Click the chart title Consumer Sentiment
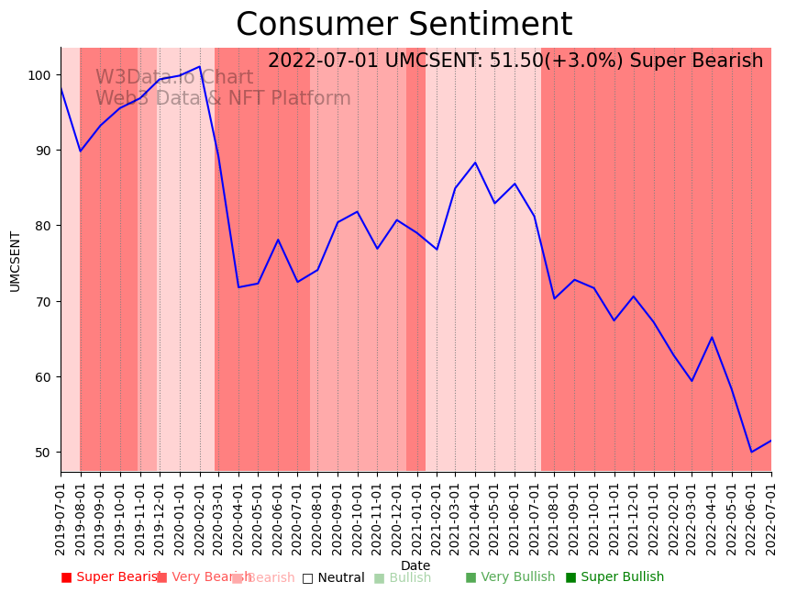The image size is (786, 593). coord(404,25)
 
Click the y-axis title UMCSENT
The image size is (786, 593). coord(15,261)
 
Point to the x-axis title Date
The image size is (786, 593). coord(415,565)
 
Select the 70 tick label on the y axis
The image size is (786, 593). coord(43,301)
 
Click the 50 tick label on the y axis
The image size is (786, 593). coord(43,453)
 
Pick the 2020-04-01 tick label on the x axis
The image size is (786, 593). coord(238,516)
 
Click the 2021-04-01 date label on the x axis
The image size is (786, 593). coord(475,516)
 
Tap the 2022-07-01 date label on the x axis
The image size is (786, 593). coord(771,516)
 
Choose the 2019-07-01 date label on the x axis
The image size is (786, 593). coord(61,516)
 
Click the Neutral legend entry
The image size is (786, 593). coord(333,578)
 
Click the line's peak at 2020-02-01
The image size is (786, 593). coord(199,66)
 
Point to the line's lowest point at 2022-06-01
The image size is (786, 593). coord(751,452)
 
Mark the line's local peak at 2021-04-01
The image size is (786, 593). coord(475,162)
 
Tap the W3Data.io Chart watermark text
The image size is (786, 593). coord(174,78)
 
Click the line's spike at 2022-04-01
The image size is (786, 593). coord(712,337)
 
